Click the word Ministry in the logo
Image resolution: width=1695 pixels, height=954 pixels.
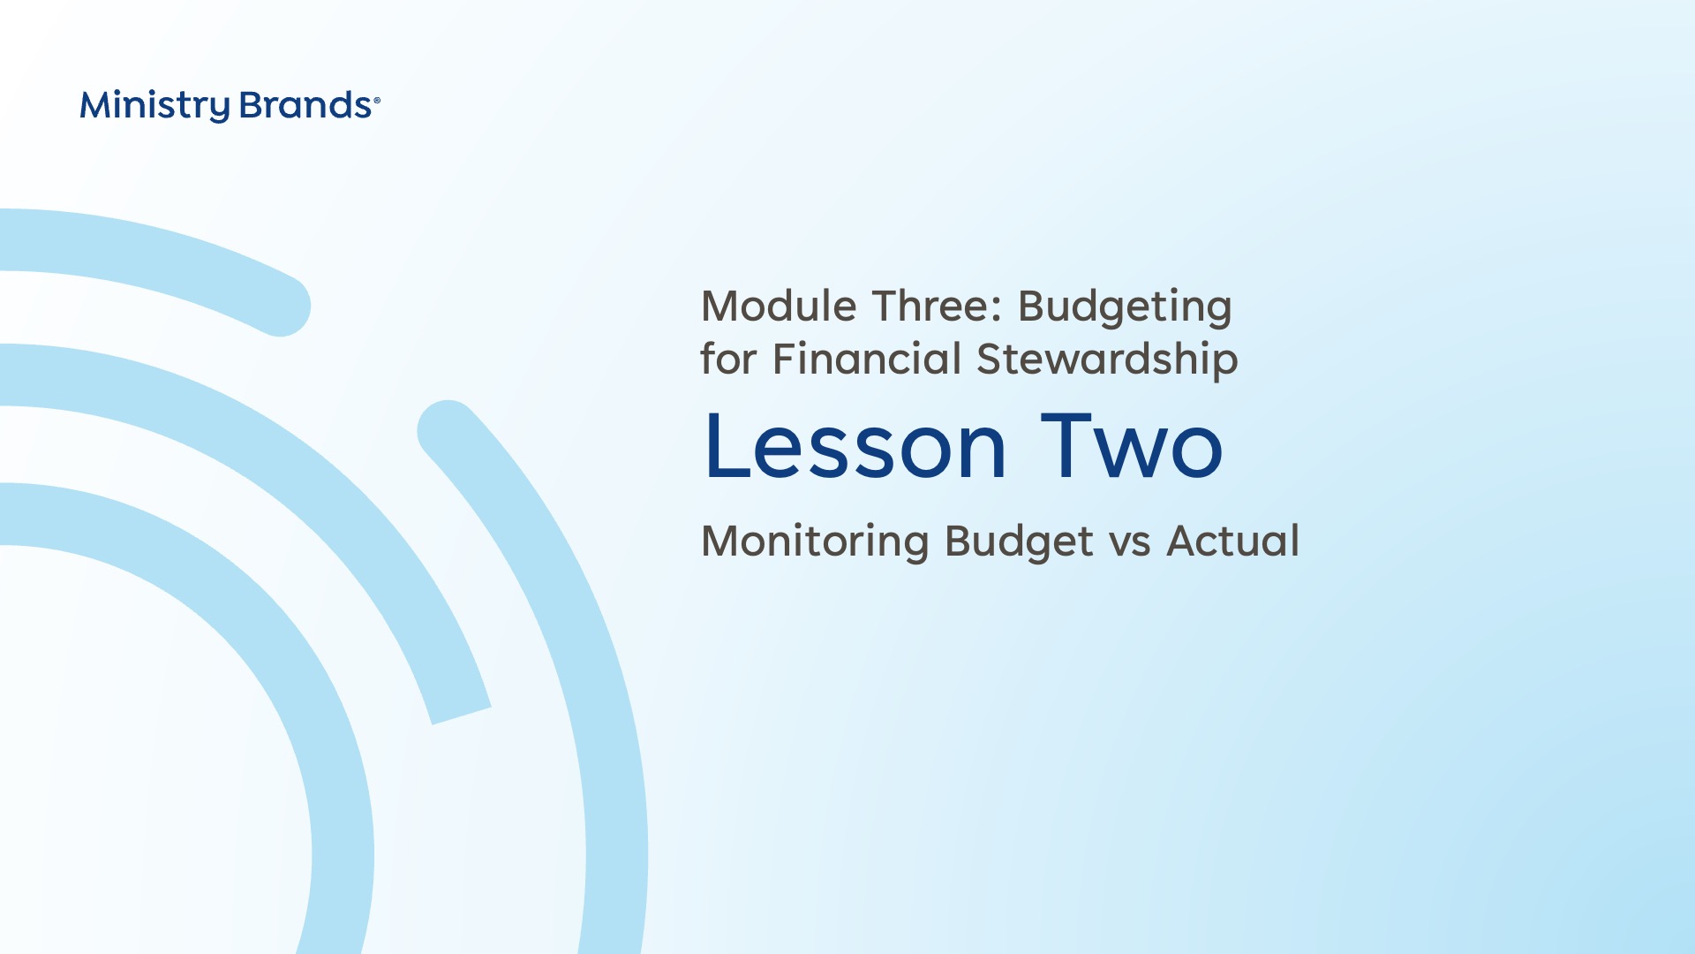(x=155, y=106)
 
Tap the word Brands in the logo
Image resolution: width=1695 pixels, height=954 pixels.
(x=305, y=105)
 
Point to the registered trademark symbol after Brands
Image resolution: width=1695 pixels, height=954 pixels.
(x=377, y=101)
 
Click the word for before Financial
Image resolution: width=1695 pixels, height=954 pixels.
(x=728, y=359)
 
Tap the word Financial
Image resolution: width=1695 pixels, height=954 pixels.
(x=867, y=359)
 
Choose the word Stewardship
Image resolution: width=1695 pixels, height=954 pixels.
(x=1107, y=360)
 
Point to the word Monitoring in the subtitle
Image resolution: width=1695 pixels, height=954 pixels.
(x=815, y=542)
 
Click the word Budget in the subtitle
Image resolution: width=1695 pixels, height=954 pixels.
(x=1019, y=542)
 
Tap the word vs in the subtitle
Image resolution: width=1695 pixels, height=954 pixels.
(x=1130, y=546)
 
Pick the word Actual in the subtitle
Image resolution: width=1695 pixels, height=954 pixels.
(x=1233, y=541)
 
